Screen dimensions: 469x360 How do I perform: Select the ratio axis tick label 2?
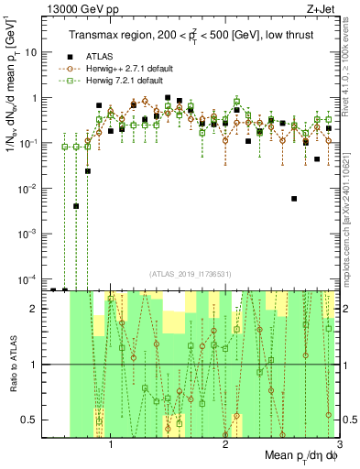[x=38, y=309]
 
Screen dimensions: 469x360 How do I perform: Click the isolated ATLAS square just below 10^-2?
[x=294, y=199]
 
